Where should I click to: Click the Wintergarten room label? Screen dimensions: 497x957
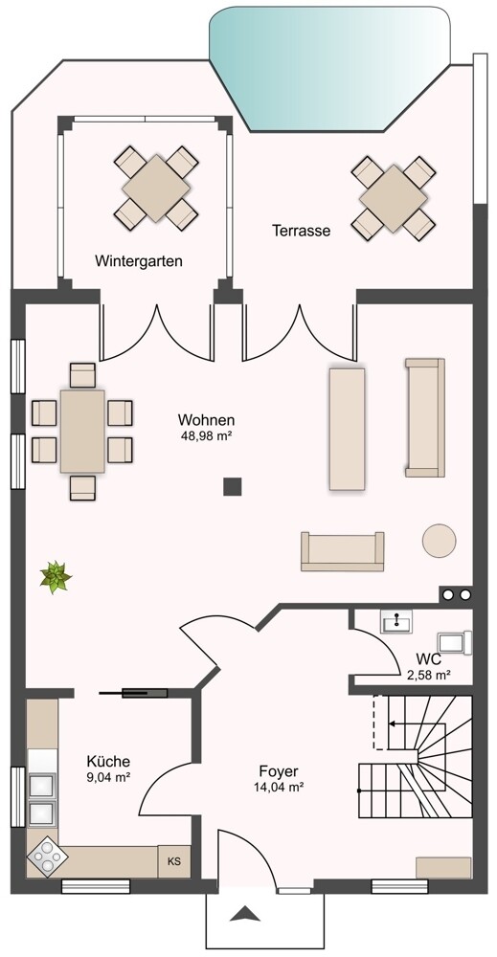(139, 261)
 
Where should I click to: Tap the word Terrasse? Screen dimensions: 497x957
(301, 231)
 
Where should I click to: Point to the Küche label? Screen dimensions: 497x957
(108, 762)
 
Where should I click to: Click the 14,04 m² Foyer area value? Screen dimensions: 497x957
(279, 788)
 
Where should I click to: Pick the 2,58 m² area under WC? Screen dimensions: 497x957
(429, 675)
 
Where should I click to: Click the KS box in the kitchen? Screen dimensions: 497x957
(174, 862)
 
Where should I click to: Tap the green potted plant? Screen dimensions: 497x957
(56, 577)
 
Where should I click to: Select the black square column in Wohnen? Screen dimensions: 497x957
(232, 486)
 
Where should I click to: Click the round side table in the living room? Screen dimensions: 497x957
(439, 540)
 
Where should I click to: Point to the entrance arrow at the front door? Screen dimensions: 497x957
(245, 914)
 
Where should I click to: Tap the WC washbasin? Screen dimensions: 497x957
(396, 621)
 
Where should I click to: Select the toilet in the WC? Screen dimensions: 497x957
(455, 643)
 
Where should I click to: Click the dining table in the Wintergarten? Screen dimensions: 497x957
(156, 188)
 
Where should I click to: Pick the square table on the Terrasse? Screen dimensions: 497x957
(394, 198)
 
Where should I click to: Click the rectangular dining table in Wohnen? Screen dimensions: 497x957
(82, 431)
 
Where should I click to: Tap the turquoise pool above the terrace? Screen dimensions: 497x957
(330, 67)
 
